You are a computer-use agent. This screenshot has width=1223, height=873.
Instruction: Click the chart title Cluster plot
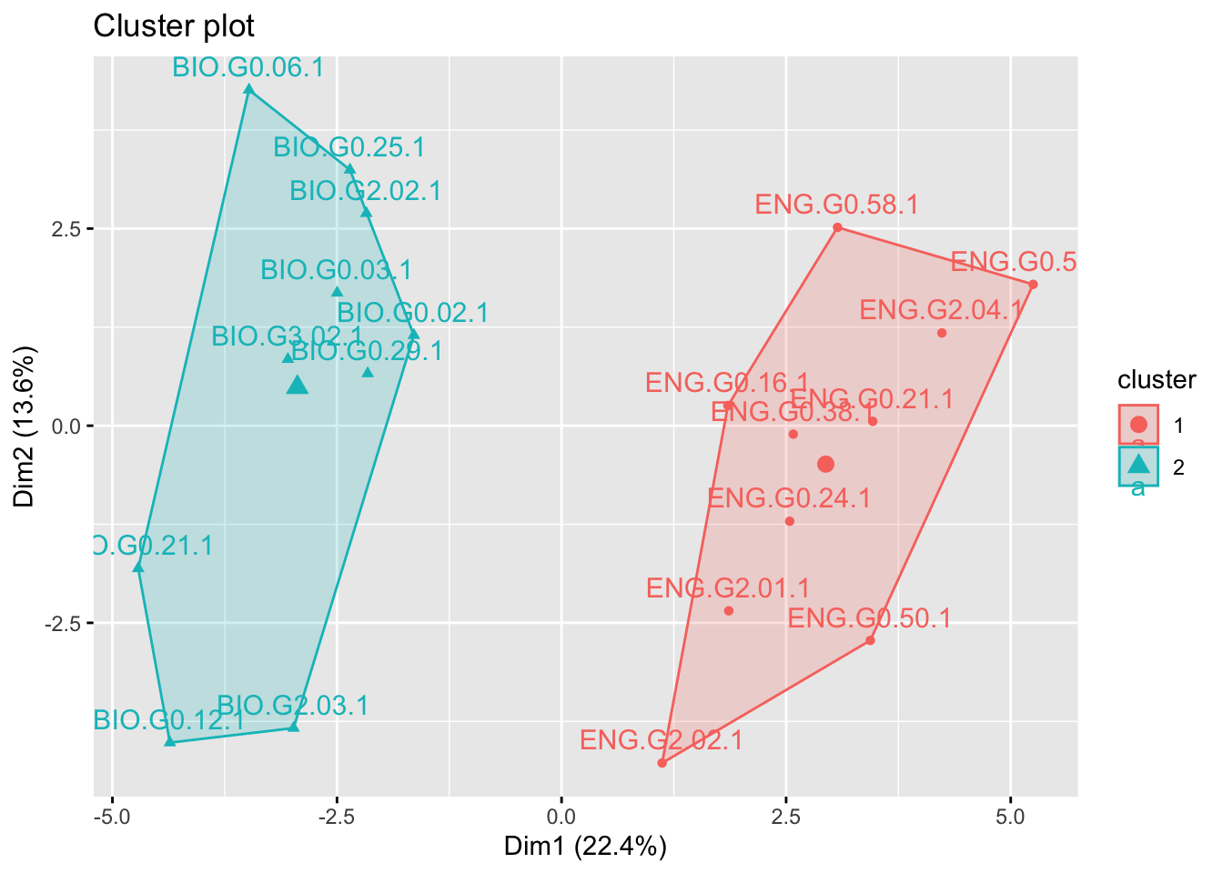click(x=174, y=26)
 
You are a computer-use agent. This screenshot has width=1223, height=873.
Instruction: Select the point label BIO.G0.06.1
click(x=248, y=67)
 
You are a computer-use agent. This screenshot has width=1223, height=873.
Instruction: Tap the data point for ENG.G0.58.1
click(x=837, y=227)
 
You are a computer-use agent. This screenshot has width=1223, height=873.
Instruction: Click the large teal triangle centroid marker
click(x=298, y=386)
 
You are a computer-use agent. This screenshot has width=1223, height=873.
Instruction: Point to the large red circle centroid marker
click(x=825, y=464)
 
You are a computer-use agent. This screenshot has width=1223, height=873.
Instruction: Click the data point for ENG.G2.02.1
click(x=662, y=763)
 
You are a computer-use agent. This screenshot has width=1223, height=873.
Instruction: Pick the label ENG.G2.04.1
click(x=941, y=310)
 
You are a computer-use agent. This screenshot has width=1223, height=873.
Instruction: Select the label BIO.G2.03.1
click(x=293, y=705)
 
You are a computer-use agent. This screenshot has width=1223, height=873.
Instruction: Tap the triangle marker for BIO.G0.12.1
click(x=170, y=742)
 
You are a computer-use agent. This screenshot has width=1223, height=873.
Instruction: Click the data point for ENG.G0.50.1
click(x=870, y=640)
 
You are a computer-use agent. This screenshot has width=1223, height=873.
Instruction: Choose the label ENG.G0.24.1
click(x=789, y=498)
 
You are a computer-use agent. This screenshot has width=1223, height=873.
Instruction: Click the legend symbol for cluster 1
click(x=1138, y=425)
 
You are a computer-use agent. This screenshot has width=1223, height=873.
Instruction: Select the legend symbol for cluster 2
click(x=1138, y=466)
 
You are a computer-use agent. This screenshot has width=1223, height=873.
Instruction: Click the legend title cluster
click(x=1157, y=379)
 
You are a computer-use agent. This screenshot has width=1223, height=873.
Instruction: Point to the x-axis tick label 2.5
click(x=786, y=814)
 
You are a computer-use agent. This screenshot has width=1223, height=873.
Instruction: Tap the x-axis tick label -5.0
click(x=112, y=814)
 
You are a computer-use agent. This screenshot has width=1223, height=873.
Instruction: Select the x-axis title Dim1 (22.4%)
click(x=585, y=848)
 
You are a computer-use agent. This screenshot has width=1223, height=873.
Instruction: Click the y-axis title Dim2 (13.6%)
click(x=25, y=426)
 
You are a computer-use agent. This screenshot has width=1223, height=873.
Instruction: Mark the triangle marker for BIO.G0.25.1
click(x=349, y=169)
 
